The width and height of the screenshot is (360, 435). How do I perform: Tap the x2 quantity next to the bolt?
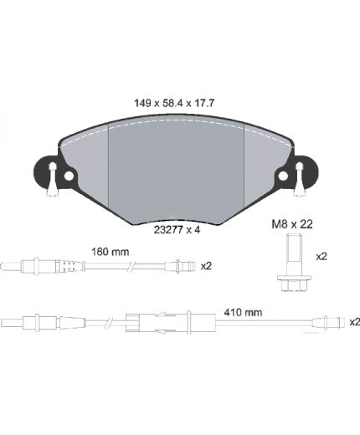click(x=321, y=258)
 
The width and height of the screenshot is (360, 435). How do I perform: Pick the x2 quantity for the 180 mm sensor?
click(x=205, y=267)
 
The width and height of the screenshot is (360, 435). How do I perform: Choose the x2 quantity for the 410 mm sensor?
click(x=353, y=321)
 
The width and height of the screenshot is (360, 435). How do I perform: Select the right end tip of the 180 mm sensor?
click(x=180, y=268)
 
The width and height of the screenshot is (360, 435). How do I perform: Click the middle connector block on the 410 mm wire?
click(x=137, y=320)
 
